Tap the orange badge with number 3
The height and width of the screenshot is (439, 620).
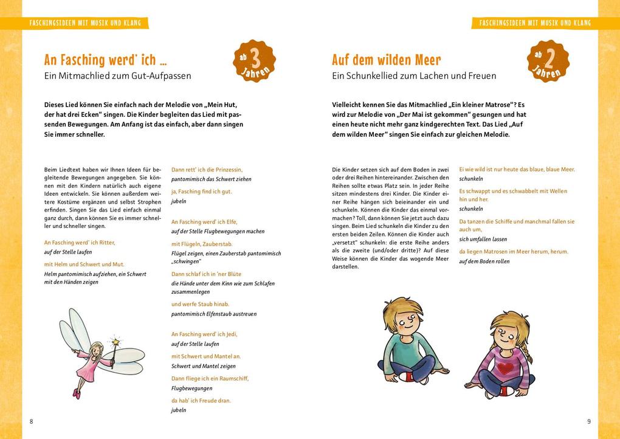(254, 61)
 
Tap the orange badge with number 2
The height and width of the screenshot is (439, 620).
(548, 61)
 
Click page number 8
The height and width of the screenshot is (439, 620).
(31, 421)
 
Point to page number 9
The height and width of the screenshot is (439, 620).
(588, 421)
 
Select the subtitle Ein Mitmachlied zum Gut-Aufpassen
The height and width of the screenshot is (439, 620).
(117, 76)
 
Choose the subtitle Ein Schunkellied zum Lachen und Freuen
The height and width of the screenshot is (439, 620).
(413, 76)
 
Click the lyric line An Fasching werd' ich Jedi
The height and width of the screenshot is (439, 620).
(204, 334)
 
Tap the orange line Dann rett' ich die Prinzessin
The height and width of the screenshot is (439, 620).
(207, 170)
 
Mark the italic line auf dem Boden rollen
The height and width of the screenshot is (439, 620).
(484, 261)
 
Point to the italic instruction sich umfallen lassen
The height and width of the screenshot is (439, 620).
(483, 240)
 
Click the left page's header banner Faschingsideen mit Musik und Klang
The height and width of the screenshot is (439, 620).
(85, 23)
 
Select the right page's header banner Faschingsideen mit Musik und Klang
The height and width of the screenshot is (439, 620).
(534, 23)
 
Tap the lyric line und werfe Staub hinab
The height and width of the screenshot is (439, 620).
(200, 304)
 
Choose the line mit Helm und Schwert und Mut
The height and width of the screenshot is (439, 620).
(84, 264)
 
